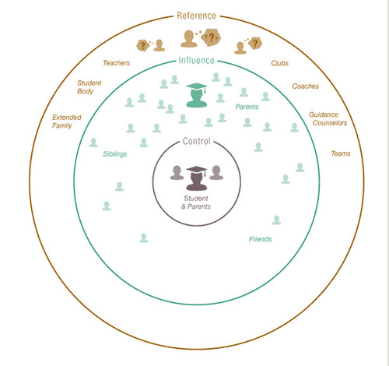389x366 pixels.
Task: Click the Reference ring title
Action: pos(196,16)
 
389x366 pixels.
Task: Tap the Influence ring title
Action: pos(196,61)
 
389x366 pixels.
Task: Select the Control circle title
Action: pos(196,141)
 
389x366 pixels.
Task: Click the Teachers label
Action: pos(116,63)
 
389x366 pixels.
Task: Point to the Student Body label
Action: pos(89,87)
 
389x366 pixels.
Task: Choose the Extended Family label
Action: pos(67,121)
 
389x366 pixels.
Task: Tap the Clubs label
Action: pos(280,63)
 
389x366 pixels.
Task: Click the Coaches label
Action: pos(305,86)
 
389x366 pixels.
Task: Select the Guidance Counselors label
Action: pos(328,118)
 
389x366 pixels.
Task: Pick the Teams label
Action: pos(341,153)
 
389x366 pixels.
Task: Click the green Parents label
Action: pos(247,107)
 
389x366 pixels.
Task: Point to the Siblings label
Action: pos(115,154)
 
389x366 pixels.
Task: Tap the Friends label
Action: pos(260,239)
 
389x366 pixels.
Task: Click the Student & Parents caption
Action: pos(196,202)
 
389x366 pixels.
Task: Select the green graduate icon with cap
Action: pos(197,95)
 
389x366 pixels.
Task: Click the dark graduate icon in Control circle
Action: pos(197,178)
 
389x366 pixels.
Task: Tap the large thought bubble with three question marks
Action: pos(212,37)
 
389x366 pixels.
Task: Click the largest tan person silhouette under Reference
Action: pos(189,39)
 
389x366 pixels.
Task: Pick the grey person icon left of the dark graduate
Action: pos(177,172)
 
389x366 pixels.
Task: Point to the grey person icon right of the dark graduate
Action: pos(216,172)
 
